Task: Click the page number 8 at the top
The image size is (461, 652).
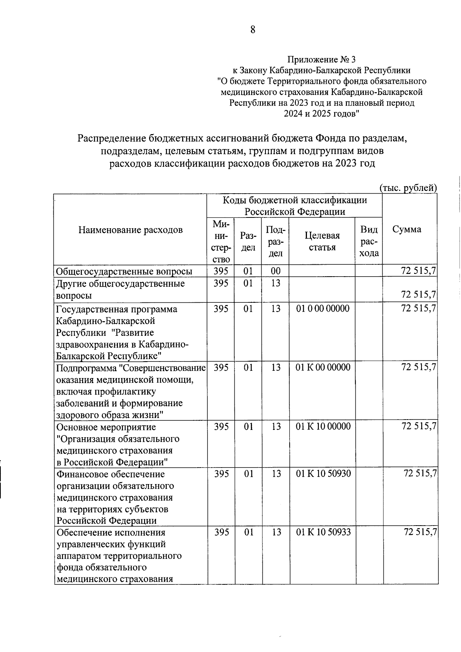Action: [x=252, y=30]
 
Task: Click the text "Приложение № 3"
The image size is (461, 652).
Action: [x=322, y=60]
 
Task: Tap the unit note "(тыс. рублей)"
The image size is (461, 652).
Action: [x=408, y=188]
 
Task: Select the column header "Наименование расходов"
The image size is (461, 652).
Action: [x=130, y=230]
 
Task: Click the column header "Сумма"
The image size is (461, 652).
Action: [x=407, y=229]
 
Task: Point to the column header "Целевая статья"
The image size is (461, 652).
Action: [x=322, y=241]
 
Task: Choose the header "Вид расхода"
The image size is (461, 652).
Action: [x=369, y=241]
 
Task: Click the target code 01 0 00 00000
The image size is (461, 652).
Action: [x=323, y=309]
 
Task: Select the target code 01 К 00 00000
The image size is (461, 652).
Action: [x=323, y=367]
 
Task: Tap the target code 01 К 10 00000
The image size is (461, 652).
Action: [x=323, y=426]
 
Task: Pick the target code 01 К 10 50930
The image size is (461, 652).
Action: [x=323, y=474]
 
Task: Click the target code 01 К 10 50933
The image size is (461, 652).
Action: [x=323, y=532]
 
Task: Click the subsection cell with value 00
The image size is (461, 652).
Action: [x=275, y=271]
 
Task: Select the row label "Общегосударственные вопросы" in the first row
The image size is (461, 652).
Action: [x=124, y=272]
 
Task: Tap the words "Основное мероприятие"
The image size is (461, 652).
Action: [x=106, y=427]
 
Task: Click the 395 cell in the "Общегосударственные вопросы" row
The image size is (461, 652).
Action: [x=221, y=271]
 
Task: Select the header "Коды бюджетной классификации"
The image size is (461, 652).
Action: [x=295, y=200]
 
